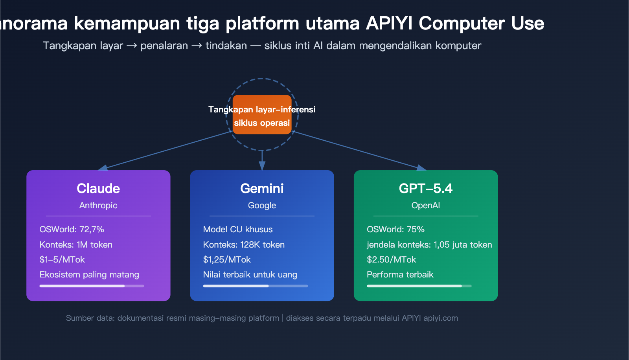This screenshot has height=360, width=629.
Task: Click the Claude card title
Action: (x=98, y=189)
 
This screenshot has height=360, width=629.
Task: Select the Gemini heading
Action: (x=262, y=189)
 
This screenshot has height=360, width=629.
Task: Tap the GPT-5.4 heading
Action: (x=425, y=189)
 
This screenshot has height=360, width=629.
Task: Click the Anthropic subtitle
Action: (x=98, y=206)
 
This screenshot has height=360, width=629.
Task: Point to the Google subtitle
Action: (x=262, y=206)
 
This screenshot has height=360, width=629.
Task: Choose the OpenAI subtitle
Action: (x=425, y=206)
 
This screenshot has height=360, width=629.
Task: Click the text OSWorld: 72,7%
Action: (x=72, y=230)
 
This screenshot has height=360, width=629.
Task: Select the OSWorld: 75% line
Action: (x=395, y=230)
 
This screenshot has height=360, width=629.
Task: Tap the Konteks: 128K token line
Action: (x=244, y=245)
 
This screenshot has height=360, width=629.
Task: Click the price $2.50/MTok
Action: (x=391, y=260)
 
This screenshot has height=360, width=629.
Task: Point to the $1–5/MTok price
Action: (x=62, y=260)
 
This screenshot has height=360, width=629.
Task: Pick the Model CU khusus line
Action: (x=238, y=230)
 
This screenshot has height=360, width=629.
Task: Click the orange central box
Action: (x=262, y=115)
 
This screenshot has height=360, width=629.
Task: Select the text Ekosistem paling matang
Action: (x=89, y=275)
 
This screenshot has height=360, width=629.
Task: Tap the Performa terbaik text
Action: (x=400, y=275)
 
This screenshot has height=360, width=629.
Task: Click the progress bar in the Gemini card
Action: (x=255, y=286)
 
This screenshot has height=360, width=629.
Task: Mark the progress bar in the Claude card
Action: (x=92, y=286)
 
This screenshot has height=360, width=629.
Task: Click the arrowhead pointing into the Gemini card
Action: (x=262, y=165)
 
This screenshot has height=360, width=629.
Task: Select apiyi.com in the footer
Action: (x=441, y=318)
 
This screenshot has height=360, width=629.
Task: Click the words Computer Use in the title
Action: (x=481, y=24)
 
